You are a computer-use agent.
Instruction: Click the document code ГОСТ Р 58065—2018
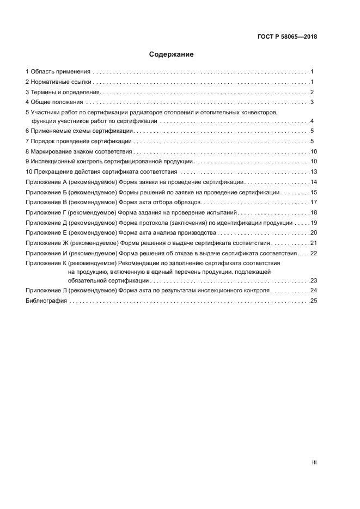point(287,37)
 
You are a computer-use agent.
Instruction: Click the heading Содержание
point(172,54)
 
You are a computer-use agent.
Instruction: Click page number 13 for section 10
point(314,172)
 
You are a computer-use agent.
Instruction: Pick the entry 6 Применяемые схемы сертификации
point(80,131)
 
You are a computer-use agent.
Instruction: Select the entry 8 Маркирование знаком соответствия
point(79,152)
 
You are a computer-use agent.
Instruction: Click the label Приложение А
point(46,182)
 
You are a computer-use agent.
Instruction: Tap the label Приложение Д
point(46,223)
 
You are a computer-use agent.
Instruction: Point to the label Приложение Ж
point(47,243)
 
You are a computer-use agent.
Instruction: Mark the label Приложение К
point(46,263)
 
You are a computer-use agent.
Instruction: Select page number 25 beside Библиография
point(314,301)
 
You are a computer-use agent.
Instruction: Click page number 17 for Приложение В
point(314,203)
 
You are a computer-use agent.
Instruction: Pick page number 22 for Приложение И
point(314,253)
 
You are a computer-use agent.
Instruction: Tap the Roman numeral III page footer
point(314,462)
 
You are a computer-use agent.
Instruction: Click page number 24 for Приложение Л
point(314,291)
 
